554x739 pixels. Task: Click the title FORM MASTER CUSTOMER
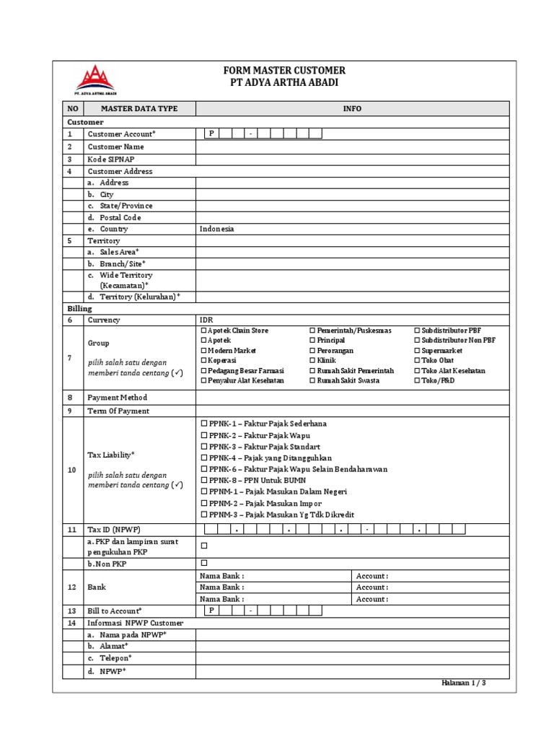(x=284, y=71)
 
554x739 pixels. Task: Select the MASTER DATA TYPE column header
(x=139, y=109)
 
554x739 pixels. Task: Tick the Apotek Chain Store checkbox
(x=203, y=331)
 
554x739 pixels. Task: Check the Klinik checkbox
(x=313, y=360)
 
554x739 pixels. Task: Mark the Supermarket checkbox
(x=417, y=351)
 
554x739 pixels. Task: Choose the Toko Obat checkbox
(x=417, y=360)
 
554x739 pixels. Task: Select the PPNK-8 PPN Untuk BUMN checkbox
(x=204, y=480)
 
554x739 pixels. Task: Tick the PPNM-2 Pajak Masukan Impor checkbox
(x=204, y=503)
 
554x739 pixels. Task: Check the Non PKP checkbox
(x=204, y=563)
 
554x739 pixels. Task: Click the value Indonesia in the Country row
(x=217, y=229)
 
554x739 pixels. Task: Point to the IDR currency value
(x=206, y=320)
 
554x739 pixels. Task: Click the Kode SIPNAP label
(x=111, y=159)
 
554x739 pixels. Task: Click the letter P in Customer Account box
(x=212, y=134)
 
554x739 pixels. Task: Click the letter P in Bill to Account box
(x=212, y=611)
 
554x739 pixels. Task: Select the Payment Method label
(x=117, y=398)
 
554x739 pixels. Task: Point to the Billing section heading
(x=76, y=308)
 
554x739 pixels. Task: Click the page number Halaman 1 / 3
(x=463, y=682)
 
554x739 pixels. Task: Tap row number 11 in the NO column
(x=71, y=530)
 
